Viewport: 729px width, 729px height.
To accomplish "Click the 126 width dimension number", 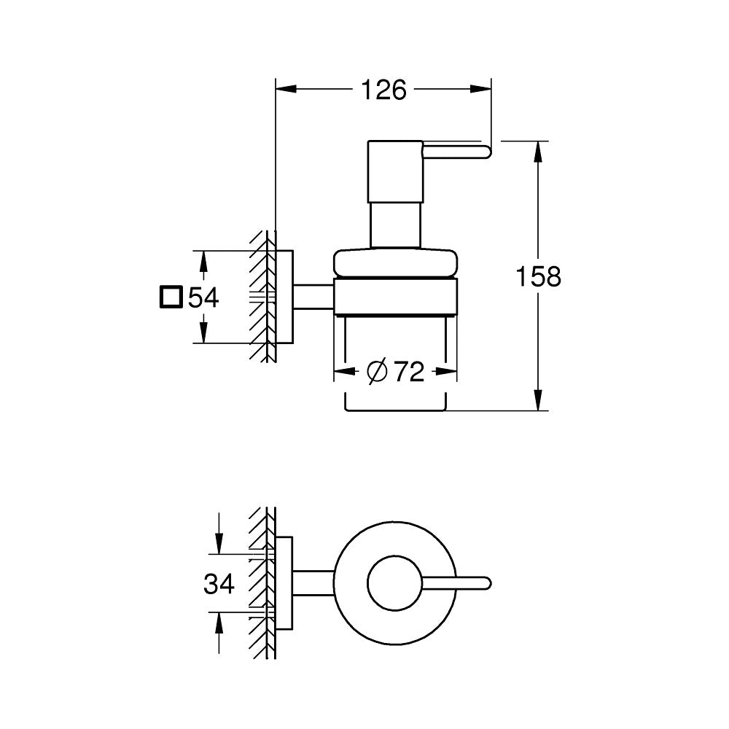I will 383,90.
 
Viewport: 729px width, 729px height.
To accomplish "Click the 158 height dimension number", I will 538,277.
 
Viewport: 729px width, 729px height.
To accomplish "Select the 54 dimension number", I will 203,297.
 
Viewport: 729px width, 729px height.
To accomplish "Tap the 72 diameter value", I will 409,372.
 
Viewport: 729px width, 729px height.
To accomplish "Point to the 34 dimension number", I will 219,583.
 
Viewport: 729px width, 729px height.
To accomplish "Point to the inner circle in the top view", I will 393,582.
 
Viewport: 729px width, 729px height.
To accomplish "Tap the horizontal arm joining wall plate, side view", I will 314,297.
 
